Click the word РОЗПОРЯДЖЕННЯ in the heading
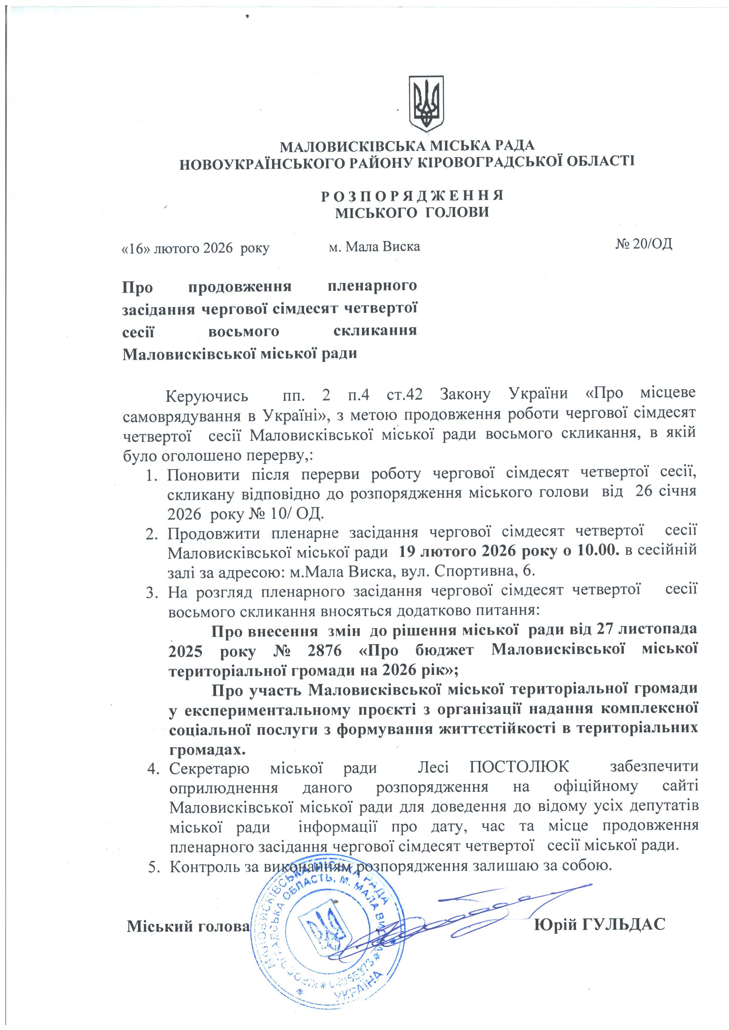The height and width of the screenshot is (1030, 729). tap(412, 196)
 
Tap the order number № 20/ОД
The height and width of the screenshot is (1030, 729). tap(643, 244)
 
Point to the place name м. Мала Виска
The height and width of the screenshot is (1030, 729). tap(374, 246)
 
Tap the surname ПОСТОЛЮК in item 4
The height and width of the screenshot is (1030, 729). tap(519, 767)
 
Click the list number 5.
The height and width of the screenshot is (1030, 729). tap(153, 866)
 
